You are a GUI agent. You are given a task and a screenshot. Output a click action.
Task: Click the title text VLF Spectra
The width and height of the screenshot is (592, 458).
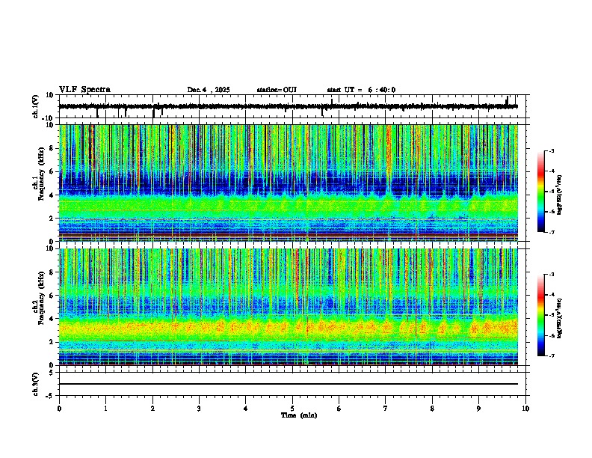point(84,90)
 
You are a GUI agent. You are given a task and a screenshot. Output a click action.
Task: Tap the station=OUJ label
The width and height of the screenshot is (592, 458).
point(277,90)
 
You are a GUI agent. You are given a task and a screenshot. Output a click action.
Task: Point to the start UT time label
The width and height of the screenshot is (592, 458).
point(361,90)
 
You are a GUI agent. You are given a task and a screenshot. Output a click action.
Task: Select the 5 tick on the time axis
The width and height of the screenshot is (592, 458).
point(292,409)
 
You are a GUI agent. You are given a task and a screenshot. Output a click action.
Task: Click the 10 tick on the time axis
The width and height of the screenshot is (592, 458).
point(525,409)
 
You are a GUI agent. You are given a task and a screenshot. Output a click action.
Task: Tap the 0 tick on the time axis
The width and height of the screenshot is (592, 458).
point(59,409)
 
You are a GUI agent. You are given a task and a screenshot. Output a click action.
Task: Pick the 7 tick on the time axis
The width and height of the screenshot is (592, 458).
point(386,409)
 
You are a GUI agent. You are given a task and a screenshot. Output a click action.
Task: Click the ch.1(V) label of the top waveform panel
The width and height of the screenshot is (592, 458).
point(35,106)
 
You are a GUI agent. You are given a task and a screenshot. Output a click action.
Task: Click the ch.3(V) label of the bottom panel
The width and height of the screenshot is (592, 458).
point(35,382)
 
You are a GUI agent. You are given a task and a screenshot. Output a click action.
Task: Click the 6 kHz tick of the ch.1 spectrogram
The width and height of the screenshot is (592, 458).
point(52,171)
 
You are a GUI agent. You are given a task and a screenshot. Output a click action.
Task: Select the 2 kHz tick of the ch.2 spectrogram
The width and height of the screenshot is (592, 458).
point(52,341)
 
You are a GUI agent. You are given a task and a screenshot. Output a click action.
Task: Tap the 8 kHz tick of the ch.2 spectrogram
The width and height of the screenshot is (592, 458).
point(52,272)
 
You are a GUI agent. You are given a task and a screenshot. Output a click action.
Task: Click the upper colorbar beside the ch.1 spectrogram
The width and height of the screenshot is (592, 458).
point(540,192)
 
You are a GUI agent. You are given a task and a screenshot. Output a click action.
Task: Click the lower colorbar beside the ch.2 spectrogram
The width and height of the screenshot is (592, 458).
point(540,315)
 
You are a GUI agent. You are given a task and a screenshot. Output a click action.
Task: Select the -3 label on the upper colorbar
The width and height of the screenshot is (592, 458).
point(551,151)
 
